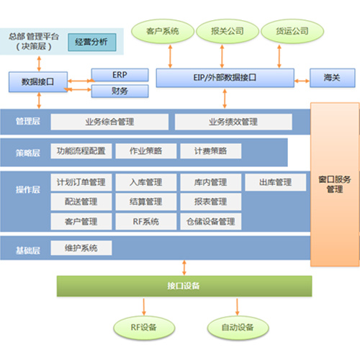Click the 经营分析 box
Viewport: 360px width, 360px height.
[x=92, y=42]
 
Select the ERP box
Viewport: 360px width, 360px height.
[x=120, y=75]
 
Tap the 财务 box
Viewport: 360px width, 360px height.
[x=120, y=91]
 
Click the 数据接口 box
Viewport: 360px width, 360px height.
[x=38, y=82]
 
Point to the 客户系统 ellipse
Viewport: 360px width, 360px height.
[x=163, y=31]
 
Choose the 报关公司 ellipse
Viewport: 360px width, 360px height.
[x=228, y=31]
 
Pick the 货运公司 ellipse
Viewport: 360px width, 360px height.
[x=292, y=31]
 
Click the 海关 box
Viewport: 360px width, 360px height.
[x=333, y=78]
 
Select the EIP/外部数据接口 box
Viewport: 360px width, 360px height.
[x=225, y=78]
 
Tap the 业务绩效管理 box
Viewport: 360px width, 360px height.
[x=233, y=122]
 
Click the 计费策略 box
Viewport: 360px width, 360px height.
[x=211, y=151]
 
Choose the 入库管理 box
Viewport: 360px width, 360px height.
[x=146, y=182]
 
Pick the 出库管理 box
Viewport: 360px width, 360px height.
[x=276, y=182]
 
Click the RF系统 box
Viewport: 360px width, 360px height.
[x=146, y=222]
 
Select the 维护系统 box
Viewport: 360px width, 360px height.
[x=81, y=248]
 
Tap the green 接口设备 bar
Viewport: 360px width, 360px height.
[x=184, y=286]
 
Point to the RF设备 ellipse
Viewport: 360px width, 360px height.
[x=144, y=328]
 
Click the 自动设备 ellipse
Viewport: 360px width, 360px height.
[x=238, y=328]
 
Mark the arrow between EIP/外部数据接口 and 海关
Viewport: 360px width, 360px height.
[x=302, y=81]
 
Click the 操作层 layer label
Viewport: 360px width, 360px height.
[x=28, y=189]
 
